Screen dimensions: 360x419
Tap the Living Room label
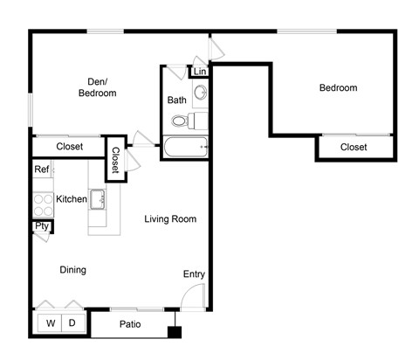(x=170, y=218)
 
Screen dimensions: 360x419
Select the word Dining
(x=72, y=270)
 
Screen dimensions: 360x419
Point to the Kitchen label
(x=72, y=199)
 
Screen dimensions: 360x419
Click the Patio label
(x=130, y=325)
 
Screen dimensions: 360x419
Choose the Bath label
(x=176, y=100)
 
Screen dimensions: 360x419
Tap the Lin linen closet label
(x=200, y=71)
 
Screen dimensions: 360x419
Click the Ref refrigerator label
(x=41, y=170)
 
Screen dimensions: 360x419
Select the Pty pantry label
(x=41, y=226)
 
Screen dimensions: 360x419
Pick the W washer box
(x=51, y=323)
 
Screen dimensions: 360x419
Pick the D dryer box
(x=72, y=323)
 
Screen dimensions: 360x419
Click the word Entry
(x=194, y=274)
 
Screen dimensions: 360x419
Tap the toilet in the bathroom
(x=182, y=121)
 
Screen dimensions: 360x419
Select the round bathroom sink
(x=201, y=92)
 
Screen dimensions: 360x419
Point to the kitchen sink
(x=97, y=199)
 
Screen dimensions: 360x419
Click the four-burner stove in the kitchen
(x=41, y=204)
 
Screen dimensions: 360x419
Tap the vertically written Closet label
(x=115, y=159)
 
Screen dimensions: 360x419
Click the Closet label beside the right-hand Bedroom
(x=354, y=147)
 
